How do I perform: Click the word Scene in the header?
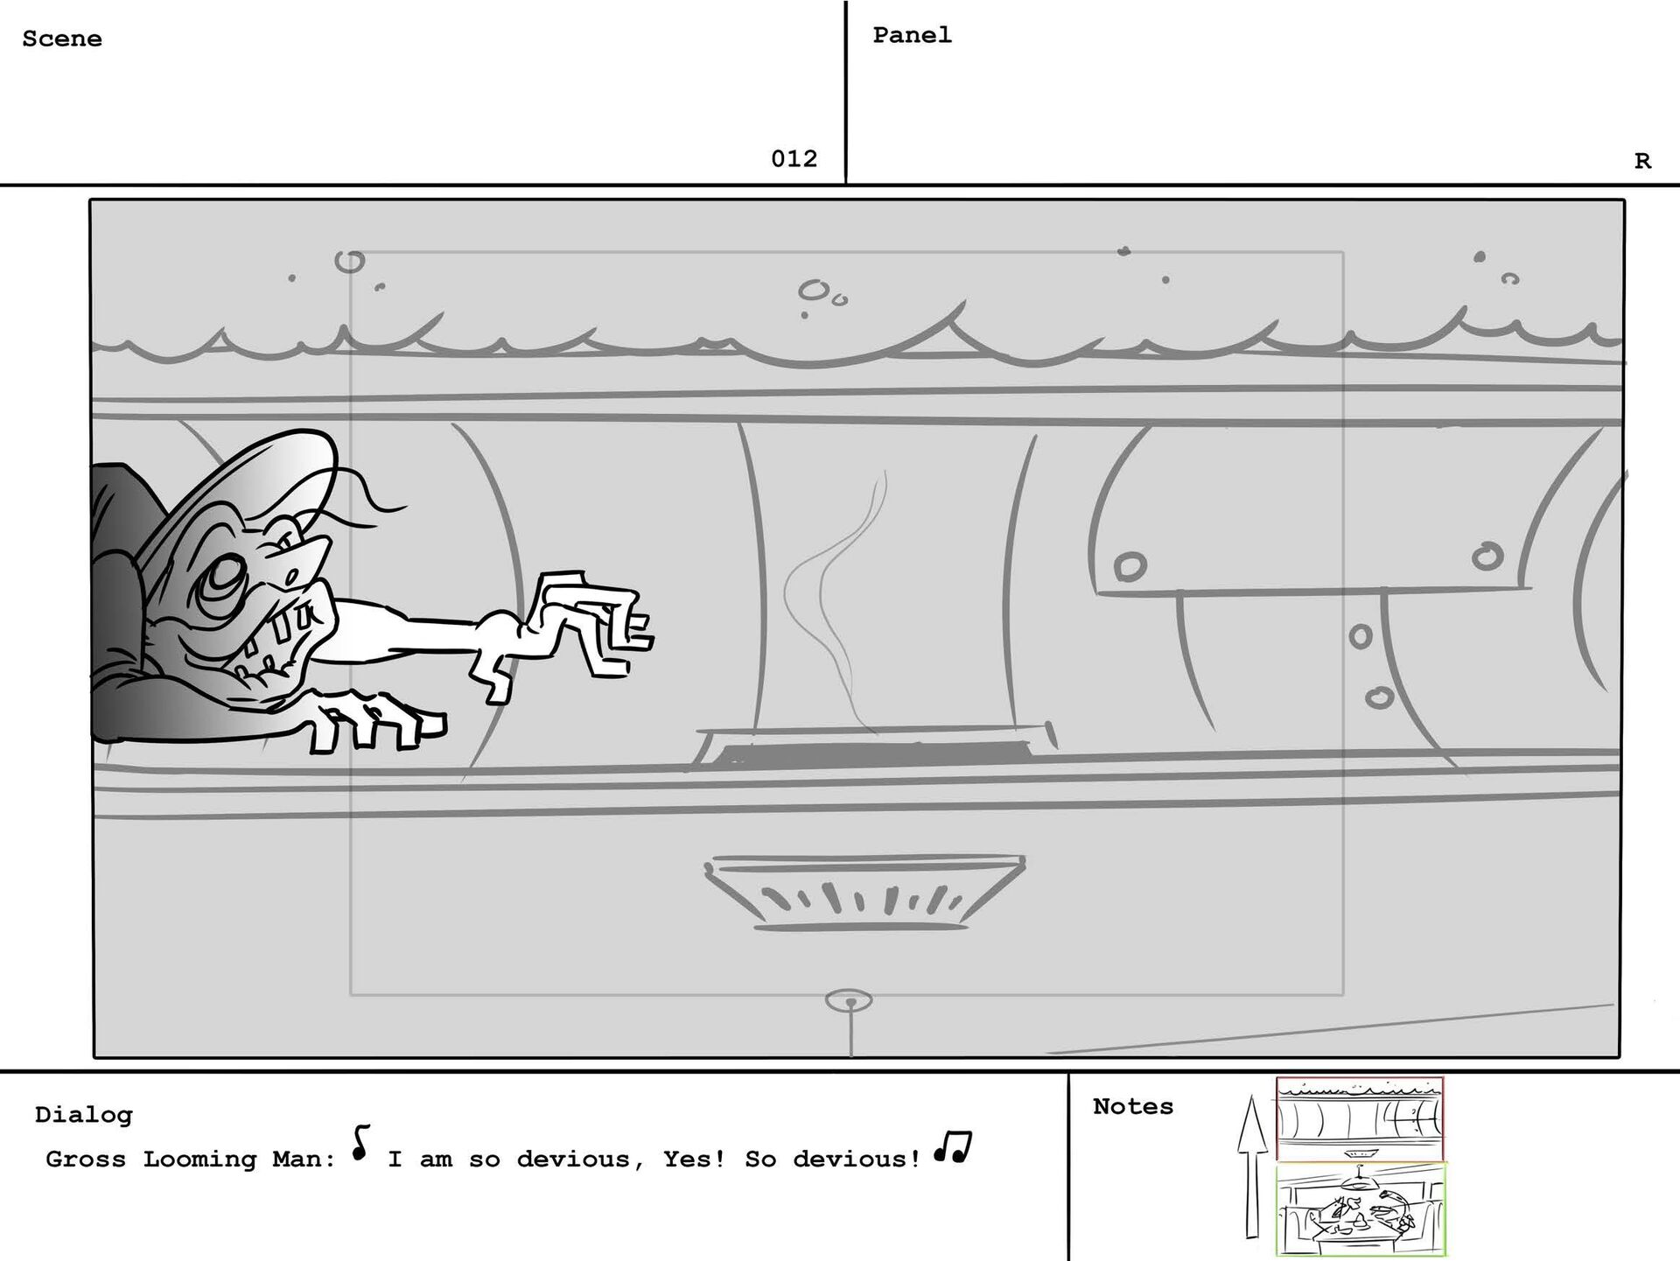pos(62,39)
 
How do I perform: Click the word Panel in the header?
pos(912,35)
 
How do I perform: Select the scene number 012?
pos(794,158)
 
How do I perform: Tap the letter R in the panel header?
pos(1642,161)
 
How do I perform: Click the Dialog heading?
pos(84,1115)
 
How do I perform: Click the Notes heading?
pos(1133,1106)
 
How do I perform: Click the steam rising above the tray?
pos(836,595)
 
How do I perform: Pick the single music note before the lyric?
pos(360,1142)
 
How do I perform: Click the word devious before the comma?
pos(572,1159)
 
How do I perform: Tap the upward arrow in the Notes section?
pos(1252,1166)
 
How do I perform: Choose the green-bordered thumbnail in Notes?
pos(1361,1209)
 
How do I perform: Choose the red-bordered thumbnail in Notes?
pos(1360,1120)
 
